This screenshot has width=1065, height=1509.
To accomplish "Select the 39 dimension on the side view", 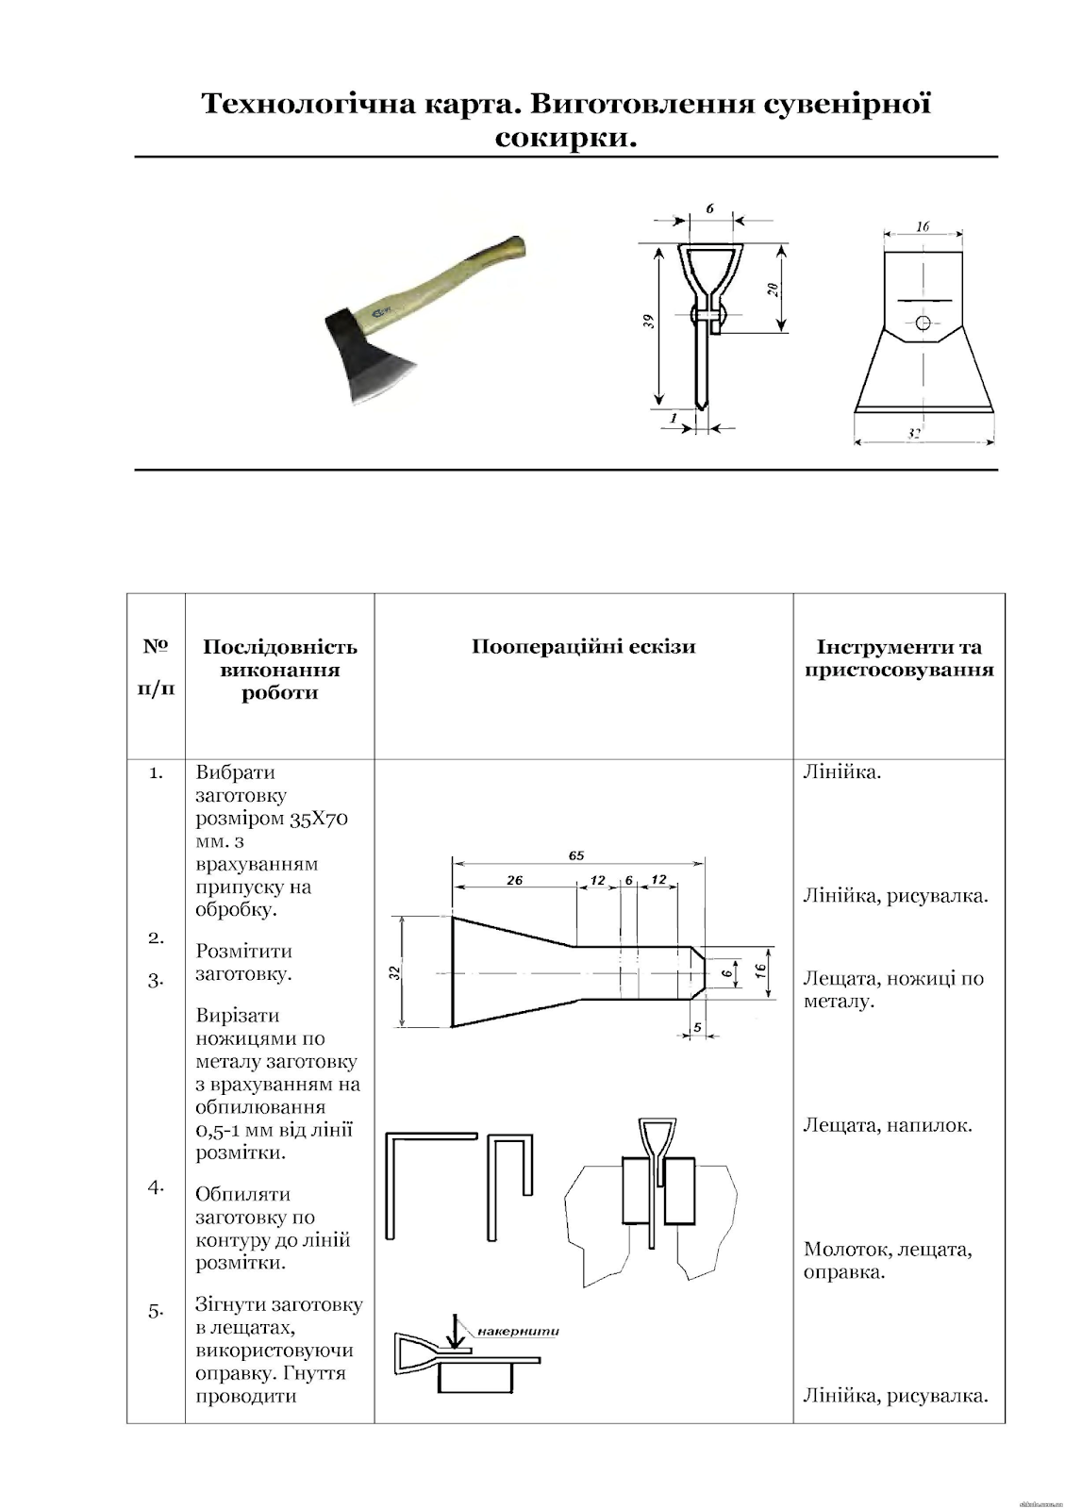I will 650,322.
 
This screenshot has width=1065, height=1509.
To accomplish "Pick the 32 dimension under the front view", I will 913,434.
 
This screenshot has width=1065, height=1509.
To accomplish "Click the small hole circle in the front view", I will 924,323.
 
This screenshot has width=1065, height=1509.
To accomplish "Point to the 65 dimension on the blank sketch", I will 576,855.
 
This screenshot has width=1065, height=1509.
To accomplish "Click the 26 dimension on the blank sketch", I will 514,880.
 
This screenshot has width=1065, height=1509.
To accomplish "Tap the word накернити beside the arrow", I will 518,1332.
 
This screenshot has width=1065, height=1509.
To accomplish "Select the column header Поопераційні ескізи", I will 583,647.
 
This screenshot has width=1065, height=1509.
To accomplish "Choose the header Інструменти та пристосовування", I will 898,658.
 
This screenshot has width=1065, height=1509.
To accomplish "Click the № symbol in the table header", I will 156,647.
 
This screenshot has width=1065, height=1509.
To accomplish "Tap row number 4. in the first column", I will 156,1187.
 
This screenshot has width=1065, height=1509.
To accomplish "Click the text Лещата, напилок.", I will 887,1124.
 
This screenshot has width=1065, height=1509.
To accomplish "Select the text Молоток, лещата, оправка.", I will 887,1260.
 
